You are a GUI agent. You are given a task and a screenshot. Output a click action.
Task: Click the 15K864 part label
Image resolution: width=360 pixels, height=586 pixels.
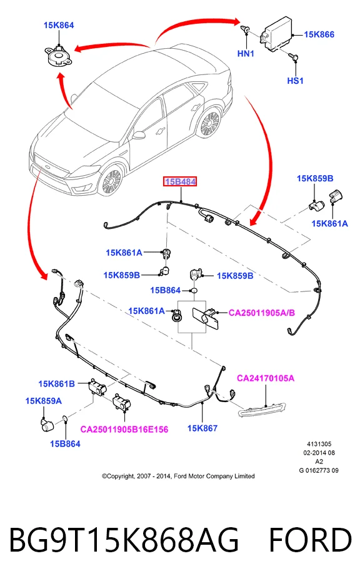59,26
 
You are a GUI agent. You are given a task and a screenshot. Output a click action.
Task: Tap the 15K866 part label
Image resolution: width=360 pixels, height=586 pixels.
319,35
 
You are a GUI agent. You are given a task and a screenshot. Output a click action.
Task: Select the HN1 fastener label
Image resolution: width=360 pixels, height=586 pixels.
246,54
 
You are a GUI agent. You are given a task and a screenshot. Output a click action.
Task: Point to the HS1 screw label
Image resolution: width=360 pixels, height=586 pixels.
295,81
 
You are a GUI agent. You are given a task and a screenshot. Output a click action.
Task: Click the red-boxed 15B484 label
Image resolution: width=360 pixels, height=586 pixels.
181,182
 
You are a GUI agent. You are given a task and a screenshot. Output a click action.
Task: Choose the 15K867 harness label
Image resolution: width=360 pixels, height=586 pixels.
202,428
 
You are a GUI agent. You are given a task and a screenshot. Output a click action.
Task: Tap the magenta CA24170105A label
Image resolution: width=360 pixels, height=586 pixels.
266,378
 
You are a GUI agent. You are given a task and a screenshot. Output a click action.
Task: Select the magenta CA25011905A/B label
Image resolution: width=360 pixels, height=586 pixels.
261,313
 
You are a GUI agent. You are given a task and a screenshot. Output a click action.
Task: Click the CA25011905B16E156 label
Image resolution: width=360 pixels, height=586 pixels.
124,430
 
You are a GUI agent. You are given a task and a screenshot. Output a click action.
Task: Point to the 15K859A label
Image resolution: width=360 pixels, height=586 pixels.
43,401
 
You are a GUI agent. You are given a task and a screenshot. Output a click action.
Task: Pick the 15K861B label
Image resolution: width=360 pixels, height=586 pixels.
56,384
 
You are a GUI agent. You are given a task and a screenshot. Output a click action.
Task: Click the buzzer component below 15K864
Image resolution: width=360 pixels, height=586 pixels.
58,56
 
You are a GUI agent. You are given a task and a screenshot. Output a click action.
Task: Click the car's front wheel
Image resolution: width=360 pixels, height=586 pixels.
111,181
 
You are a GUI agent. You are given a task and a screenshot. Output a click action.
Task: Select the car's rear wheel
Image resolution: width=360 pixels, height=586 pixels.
210,123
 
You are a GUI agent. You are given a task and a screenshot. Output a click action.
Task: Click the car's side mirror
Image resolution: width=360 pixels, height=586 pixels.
138,135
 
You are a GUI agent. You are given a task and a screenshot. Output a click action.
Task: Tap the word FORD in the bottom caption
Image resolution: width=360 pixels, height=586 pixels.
310,540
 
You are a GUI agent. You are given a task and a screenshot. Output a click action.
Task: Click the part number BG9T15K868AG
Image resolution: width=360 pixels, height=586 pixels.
124,540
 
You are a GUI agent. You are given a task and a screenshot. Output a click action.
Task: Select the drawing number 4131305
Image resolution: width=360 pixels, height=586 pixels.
319,444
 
